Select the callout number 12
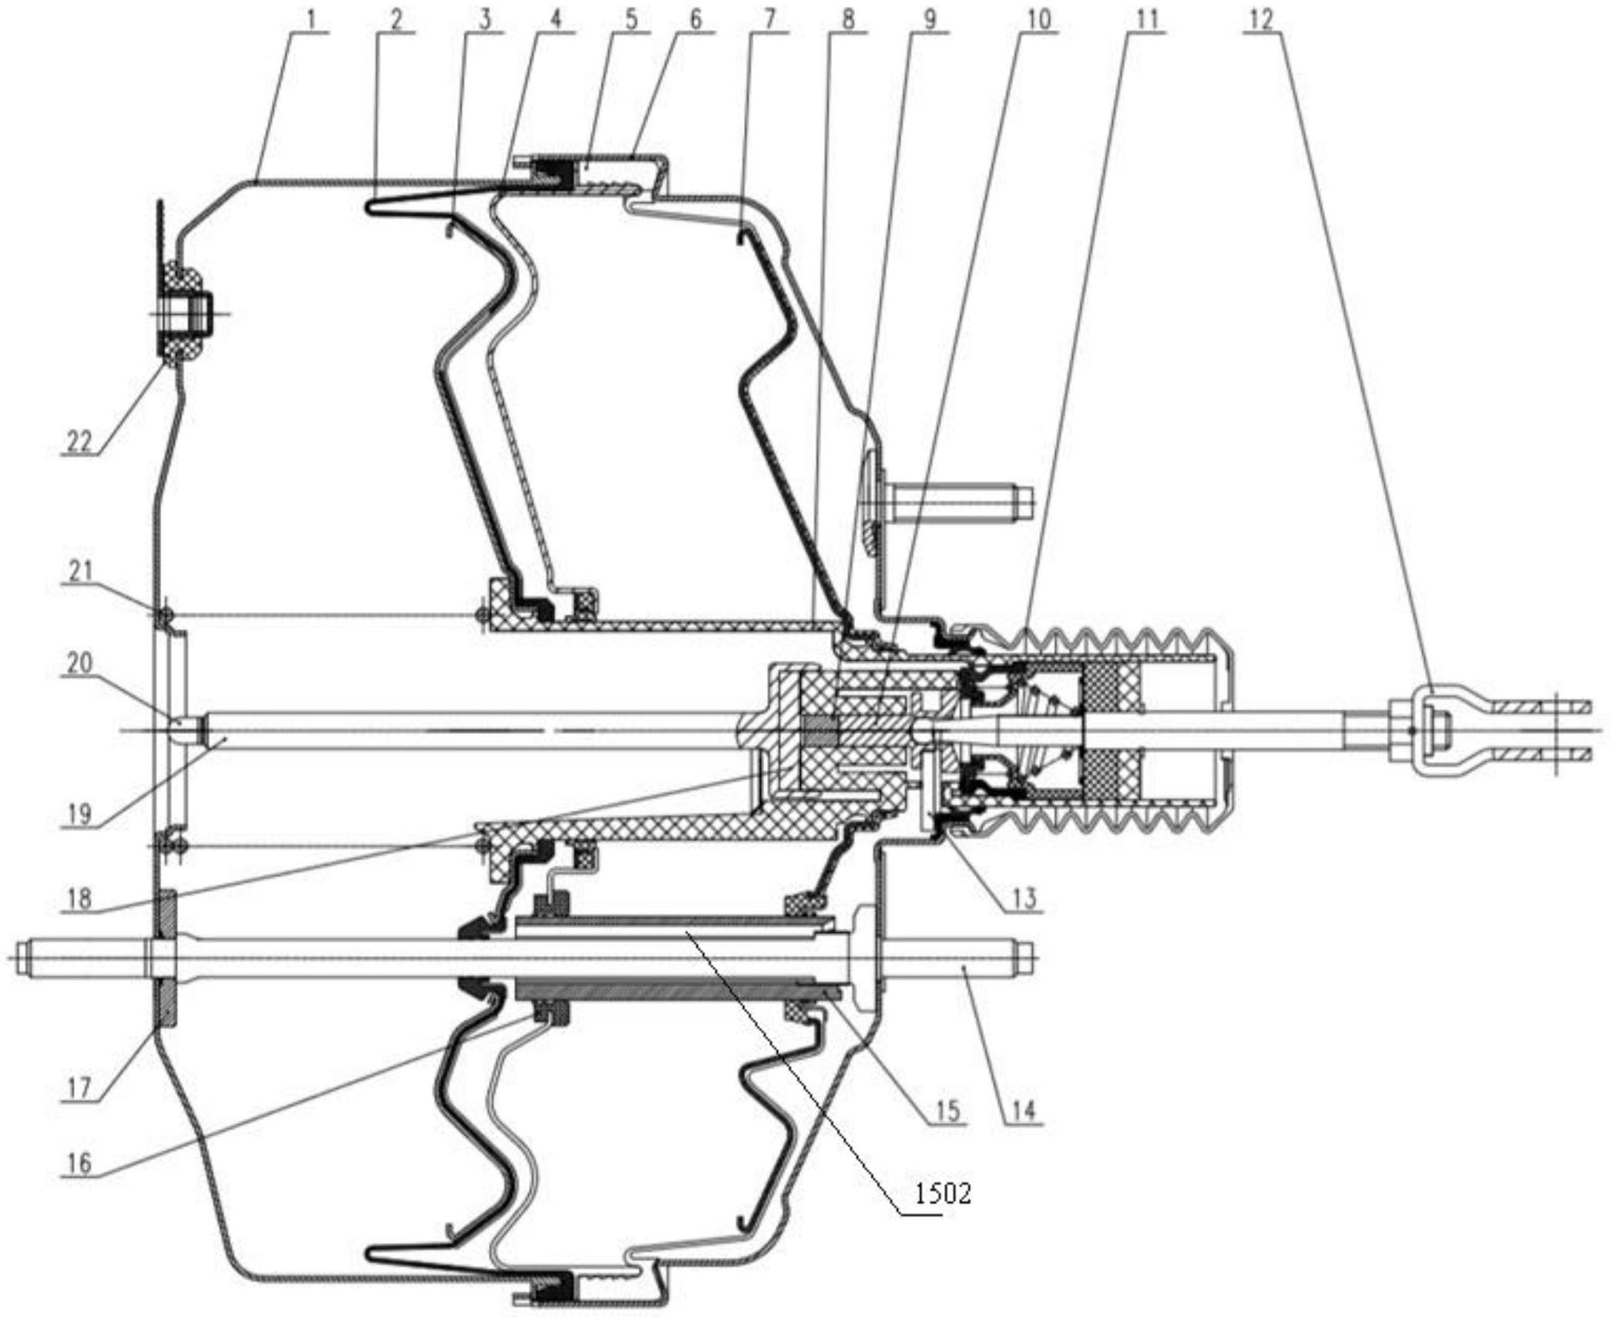[x=1260, y=19]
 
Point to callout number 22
[x=79, y=442]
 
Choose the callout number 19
[x=79, y=814]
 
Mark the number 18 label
[x=79, y=898]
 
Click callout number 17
[x=79, y=1088]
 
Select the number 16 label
[x=79, y=1163]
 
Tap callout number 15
[x=947, y=1111]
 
